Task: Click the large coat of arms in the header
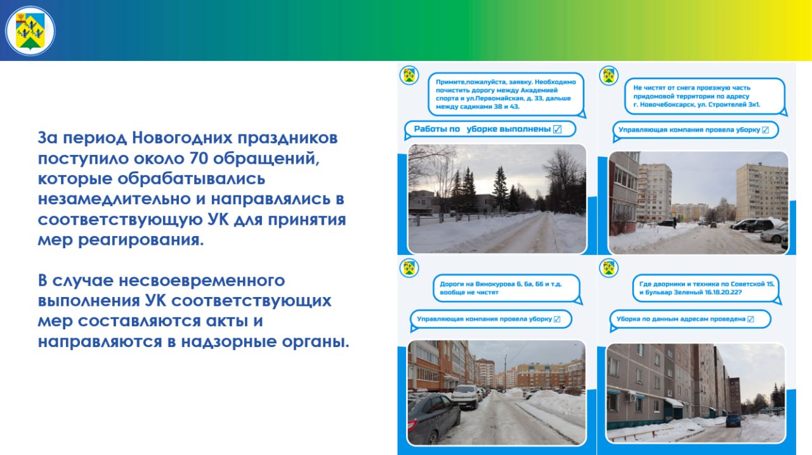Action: [x=30, y=31]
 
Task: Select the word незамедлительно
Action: [x=114, y=199]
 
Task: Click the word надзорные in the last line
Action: [x=229, y=342]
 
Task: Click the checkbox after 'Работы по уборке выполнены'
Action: [x=557, y=129]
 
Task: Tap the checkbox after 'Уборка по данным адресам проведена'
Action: [x=750, y=319]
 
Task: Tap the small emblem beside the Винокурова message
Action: [x=409, y=268]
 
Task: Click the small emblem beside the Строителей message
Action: [x=608, y=76]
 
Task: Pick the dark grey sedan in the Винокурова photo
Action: [x=433, y=418]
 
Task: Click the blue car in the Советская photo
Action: [x=733, y=420]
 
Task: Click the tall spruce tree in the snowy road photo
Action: [x=501, y=188]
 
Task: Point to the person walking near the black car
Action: [x=674, y=223]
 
